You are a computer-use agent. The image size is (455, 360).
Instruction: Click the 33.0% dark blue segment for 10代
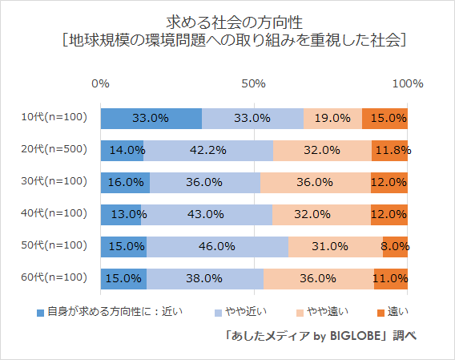[151, 118]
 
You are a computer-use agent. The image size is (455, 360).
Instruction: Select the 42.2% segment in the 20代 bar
[208, 150]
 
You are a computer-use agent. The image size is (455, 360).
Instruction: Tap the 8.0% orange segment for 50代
[395, 246]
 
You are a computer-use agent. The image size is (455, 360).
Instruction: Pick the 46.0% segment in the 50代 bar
[217, 246]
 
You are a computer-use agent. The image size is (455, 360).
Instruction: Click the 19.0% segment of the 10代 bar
[332, 118]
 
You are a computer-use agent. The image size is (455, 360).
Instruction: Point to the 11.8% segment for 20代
[390, 150]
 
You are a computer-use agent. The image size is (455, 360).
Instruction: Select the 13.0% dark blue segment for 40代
[121, 214]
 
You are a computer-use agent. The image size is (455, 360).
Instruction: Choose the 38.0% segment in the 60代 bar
[205, 278]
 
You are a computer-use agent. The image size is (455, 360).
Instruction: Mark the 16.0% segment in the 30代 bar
[125, 182]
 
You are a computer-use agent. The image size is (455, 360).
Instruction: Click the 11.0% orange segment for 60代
[391, 278]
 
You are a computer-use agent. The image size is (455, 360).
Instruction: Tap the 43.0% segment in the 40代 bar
[207, 214]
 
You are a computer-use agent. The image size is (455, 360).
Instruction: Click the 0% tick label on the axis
[101, 83]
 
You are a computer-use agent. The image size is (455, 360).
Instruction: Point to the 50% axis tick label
[254, 83]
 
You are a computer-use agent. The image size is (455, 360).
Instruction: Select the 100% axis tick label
[407, 83]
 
